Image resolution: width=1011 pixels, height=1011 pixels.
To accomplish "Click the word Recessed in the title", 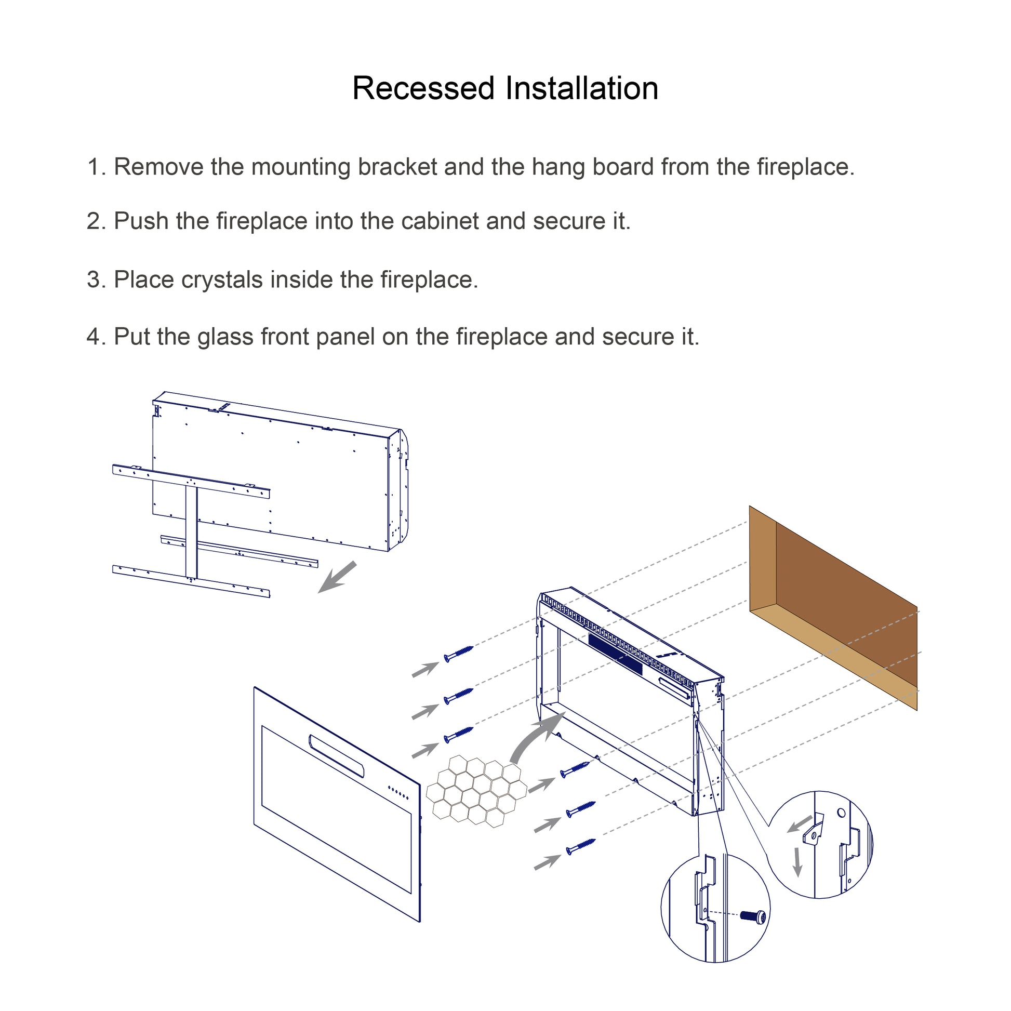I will tap(423, 88).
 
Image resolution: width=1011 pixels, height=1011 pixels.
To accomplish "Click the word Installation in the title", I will tap(581, 88).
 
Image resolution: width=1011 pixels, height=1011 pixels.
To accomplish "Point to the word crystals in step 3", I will tap(222, 280).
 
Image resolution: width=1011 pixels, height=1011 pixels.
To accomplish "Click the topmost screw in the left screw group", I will tap(458, 654).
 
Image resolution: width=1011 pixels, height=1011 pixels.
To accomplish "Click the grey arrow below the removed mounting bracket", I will tap(337, 577).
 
